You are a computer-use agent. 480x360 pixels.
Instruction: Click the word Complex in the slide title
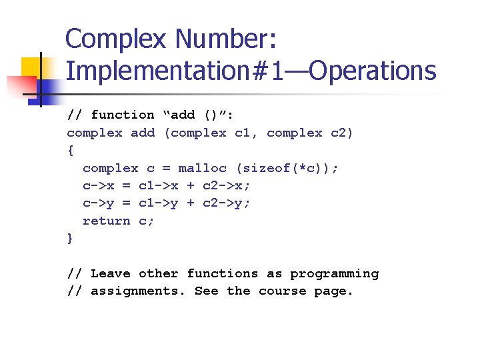pyautogui.click(x=116, y=39)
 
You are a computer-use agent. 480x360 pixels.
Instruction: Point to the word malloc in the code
pyautogui.click(x=202, y=168)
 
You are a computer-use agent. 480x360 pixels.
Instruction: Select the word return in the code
pyautogui.click(x=106, y=221)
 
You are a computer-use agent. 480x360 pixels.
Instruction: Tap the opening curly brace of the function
pyautogui.click(x=71, y=151)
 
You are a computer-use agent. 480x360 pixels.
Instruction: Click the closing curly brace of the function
pyautogui.click(x=71, y=238)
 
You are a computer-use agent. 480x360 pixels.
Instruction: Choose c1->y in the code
pyautogui.click(x=158, y=203)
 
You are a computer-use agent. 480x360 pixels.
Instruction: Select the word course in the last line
pyautogui.click(x=282, y=291)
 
